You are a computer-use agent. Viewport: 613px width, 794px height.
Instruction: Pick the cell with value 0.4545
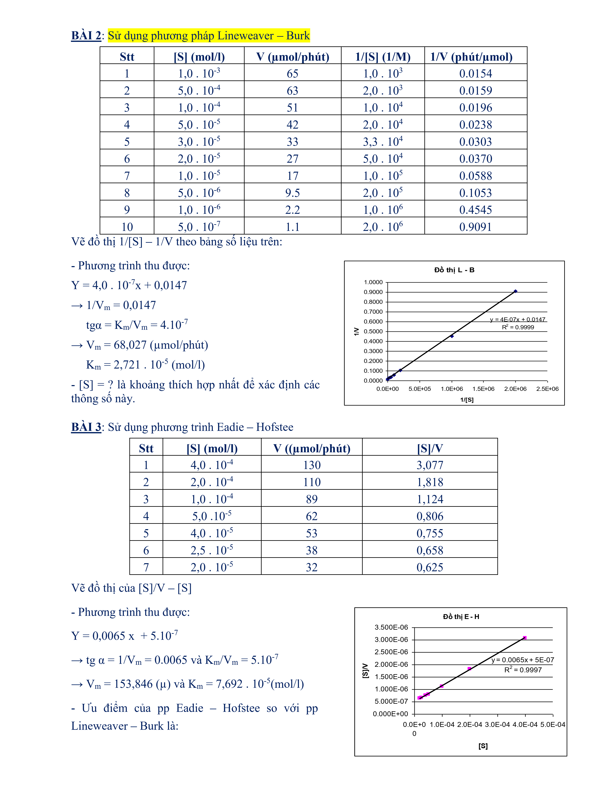(x=475, y=210)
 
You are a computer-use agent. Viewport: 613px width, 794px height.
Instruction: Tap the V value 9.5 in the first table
(x=293, y=193)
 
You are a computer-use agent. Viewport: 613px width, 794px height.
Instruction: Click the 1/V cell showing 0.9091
(x=475, y=227)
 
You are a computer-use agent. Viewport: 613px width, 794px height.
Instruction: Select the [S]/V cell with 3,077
(x=430, y=465)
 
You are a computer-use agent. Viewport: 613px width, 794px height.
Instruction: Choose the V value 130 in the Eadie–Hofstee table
(x=312, y=465)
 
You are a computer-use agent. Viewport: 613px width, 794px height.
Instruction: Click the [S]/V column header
(x=430, y=448)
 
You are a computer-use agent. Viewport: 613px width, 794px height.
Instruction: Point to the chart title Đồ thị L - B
(x=454, y=270)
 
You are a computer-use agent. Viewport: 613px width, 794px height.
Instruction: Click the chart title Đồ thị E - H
(x=461, y=617)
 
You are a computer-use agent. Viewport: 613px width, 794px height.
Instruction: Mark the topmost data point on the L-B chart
(x=515, y=291)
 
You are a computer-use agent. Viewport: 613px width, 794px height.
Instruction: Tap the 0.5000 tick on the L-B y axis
(x=373, y=331)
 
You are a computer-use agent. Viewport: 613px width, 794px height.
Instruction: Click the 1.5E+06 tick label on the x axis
(x=483, y=389)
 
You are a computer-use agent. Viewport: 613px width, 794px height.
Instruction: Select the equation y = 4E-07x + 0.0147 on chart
(x=517, y=320)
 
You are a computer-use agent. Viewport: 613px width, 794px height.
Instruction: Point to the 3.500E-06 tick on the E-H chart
(x=391, y=627)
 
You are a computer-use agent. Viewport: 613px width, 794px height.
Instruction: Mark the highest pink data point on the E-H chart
(x=525, y=638)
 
